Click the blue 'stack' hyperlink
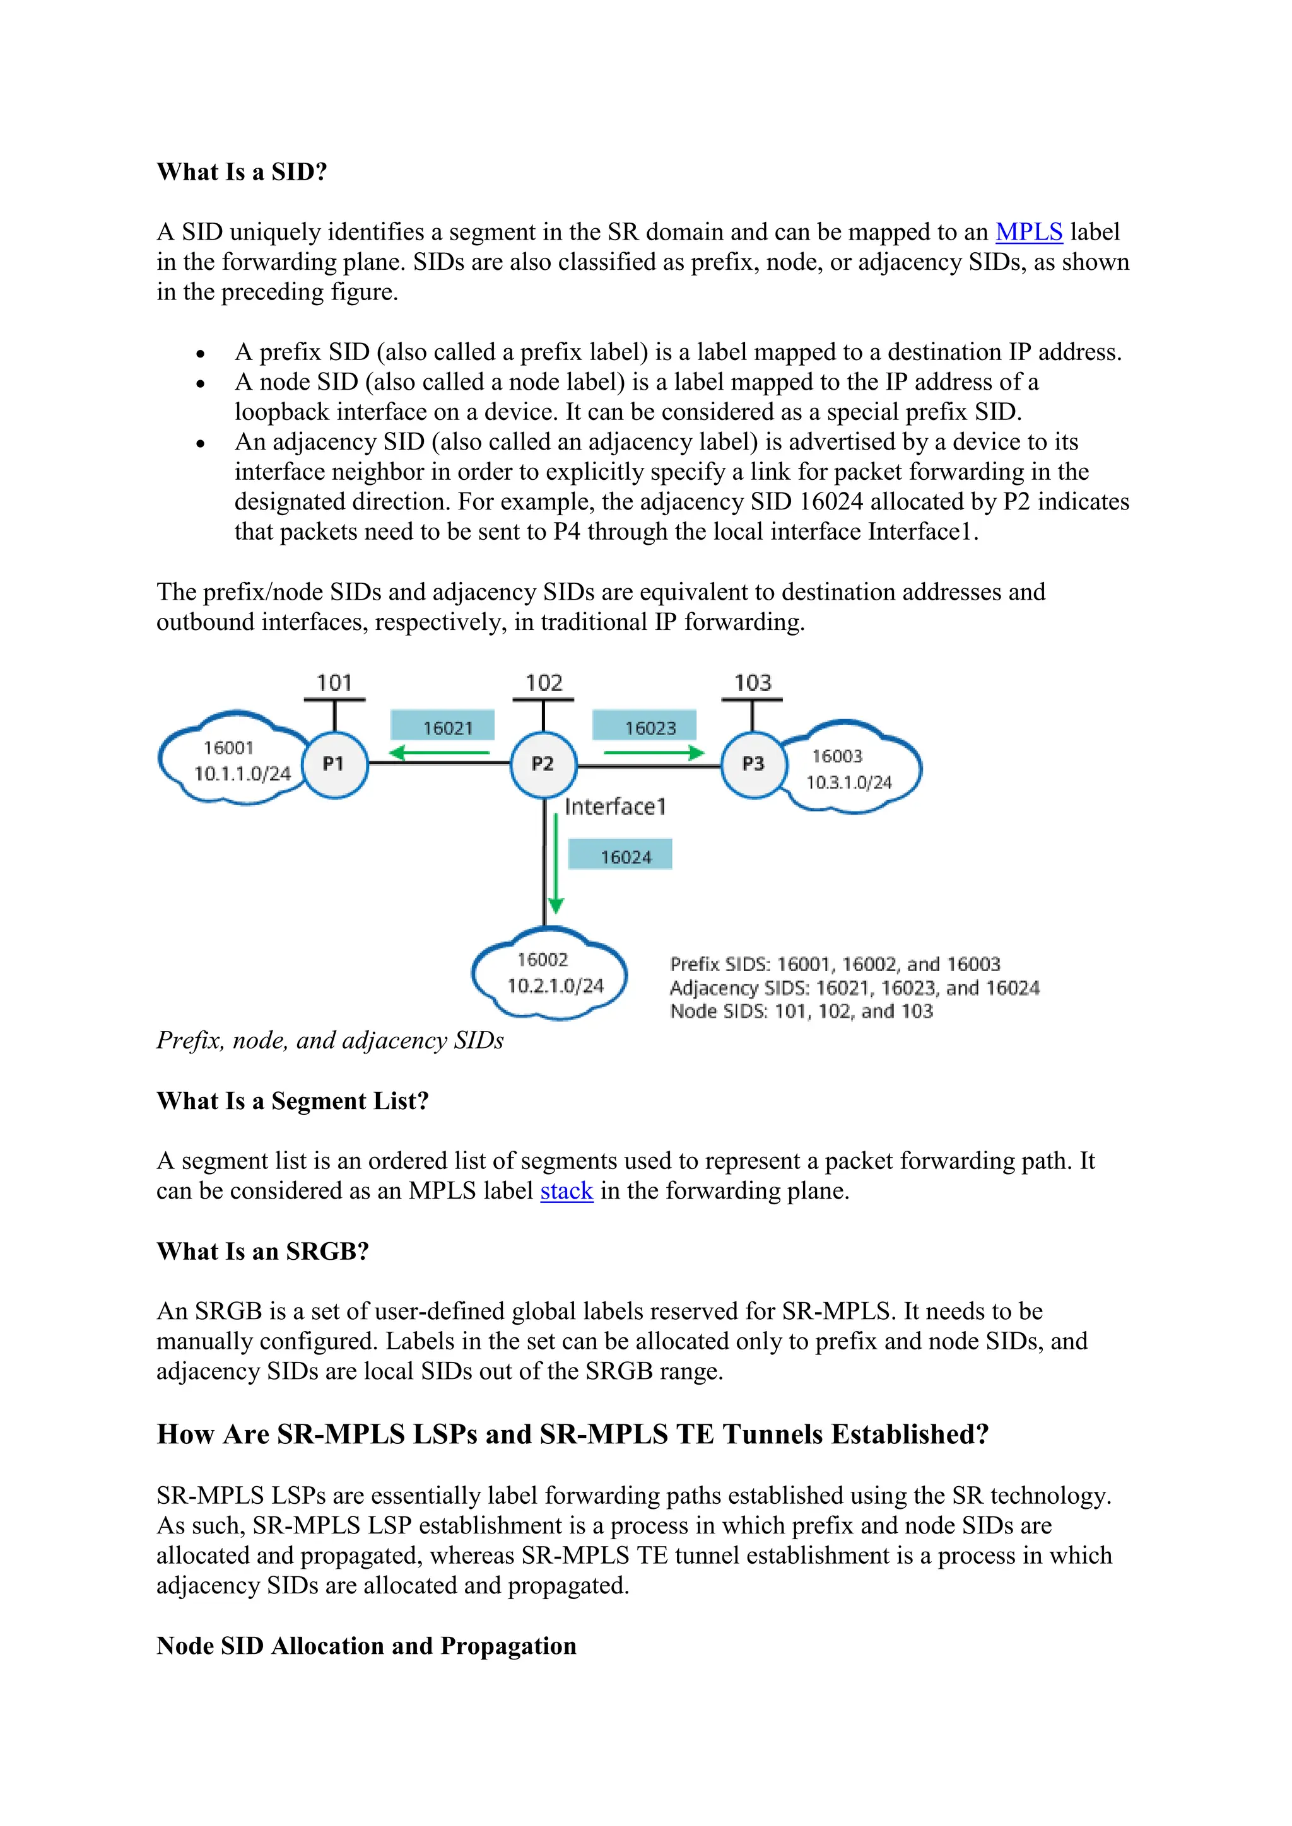[x=567, y=1190]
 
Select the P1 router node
[x=334, y=764]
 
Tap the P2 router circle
[x=543, y=764]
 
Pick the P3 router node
[x=753, y=764]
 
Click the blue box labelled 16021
[x=442, y=727]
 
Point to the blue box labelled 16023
[x=644, y=727]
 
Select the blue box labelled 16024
[x=620, y=856]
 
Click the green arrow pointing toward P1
[x=439, y=752]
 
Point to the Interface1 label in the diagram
[x=615, y=806]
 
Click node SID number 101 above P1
[x=334, y=682]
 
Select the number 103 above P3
[x=753, y=682]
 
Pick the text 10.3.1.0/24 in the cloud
[x=849, y=782]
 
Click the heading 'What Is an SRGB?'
[x=262, y=1251]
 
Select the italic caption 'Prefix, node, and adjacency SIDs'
[x=330, y=1040]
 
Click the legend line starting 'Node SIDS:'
[x=801, y=1011]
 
